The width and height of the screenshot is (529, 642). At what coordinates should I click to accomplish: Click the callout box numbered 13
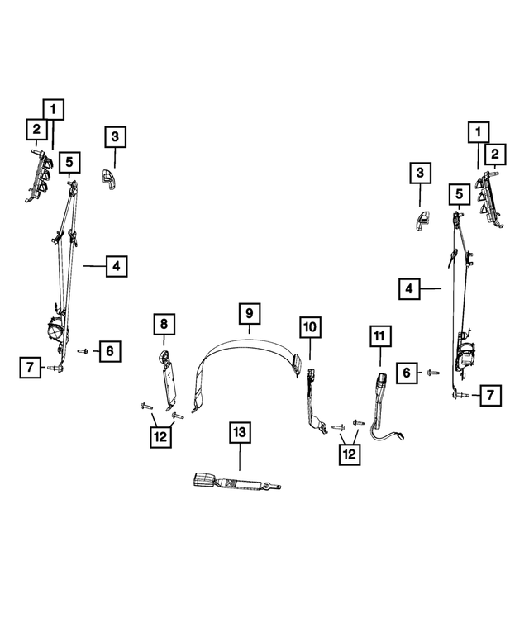(239, 432)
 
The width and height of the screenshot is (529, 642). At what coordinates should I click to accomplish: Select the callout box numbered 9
(249, 314)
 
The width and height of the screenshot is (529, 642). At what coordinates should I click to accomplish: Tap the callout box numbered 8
(164, 325)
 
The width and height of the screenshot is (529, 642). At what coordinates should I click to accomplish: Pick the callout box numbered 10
(308, 327)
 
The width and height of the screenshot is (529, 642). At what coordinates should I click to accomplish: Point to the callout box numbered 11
(379, 336)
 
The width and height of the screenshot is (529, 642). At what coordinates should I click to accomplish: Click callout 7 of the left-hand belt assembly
(30, 366)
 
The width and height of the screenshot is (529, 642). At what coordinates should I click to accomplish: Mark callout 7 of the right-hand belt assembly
(490, 395)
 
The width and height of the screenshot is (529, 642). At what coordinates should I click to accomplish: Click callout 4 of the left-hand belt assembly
(116, 266)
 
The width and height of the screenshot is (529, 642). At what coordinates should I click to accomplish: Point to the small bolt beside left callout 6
(83, 351)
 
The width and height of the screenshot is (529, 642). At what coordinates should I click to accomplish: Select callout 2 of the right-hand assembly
(495, 153)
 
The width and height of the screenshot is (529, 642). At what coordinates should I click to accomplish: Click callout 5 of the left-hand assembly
(69, 161)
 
